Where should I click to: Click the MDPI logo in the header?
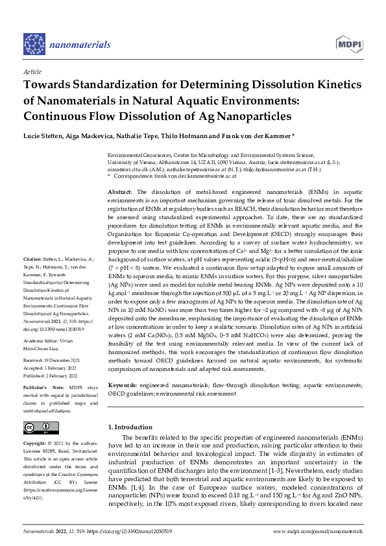[349, 43]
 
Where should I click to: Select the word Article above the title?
[32, 72]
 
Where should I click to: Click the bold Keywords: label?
[123, 385]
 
